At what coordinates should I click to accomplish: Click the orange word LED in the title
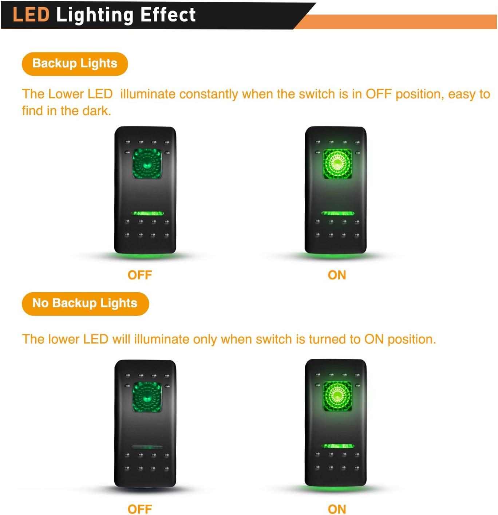pyautogui.click(x=31, y=15)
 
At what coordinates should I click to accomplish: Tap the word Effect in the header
pyautogui.click(x=168, y=15)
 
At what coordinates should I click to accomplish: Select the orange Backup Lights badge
pyautogui.click(x=75, y=64)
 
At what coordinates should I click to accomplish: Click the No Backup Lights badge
pyautogui.click(x=85, y=303)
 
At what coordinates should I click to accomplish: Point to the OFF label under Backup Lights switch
pyautogui.click(x=140, y=275)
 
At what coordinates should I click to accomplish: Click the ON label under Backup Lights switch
pyautogui.click(x=337, y=275)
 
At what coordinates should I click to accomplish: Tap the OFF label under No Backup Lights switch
pyautogui.click(x=140, y=509)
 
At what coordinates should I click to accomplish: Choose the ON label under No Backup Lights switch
pyautogui.click(x=337, y=509)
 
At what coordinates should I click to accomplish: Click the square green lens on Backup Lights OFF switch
pyautogui.click(x=147, y=164)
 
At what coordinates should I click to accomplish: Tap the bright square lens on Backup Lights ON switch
pyautogui.click(x=337, y=164)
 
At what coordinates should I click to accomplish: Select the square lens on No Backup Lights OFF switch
pyautogui.click(x=147, y=397)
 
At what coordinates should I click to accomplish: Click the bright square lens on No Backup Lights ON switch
pyautogui.click(x=337, y=396)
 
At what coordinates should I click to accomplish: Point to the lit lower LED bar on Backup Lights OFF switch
pyautogui.click(x=147, y=213)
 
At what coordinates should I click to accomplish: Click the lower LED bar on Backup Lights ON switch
pyautogui.click(x=338, y=213)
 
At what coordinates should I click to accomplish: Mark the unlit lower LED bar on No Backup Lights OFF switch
pyautogui.click(x=147, y=447)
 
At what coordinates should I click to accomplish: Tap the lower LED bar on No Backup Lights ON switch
pyautogui.click(x=338, y=446)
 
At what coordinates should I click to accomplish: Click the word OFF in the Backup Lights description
pyautogui.click(x=379, y=94)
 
